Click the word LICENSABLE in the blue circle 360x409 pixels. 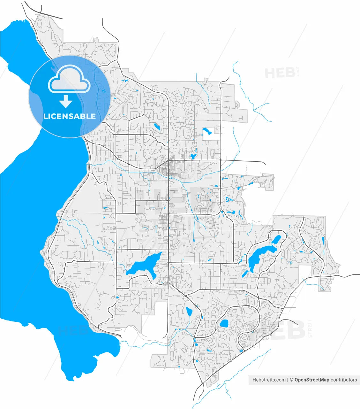click(69, 116)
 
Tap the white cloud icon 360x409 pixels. click(69, 80)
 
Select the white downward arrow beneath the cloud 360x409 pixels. click(66, 102)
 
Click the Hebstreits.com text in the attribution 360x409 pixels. click(269, 380)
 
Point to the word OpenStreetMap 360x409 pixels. click(311, 380)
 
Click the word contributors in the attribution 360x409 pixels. click(344, 380)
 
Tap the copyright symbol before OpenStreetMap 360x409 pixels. click(291, 380)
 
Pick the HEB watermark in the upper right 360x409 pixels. click(280, 73)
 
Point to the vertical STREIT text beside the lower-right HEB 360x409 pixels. click(310, 328)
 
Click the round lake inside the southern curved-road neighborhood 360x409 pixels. click(224, 323)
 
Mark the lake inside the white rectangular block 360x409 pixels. click(207, 131)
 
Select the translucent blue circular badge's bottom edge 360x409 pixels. click(69, 137)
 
